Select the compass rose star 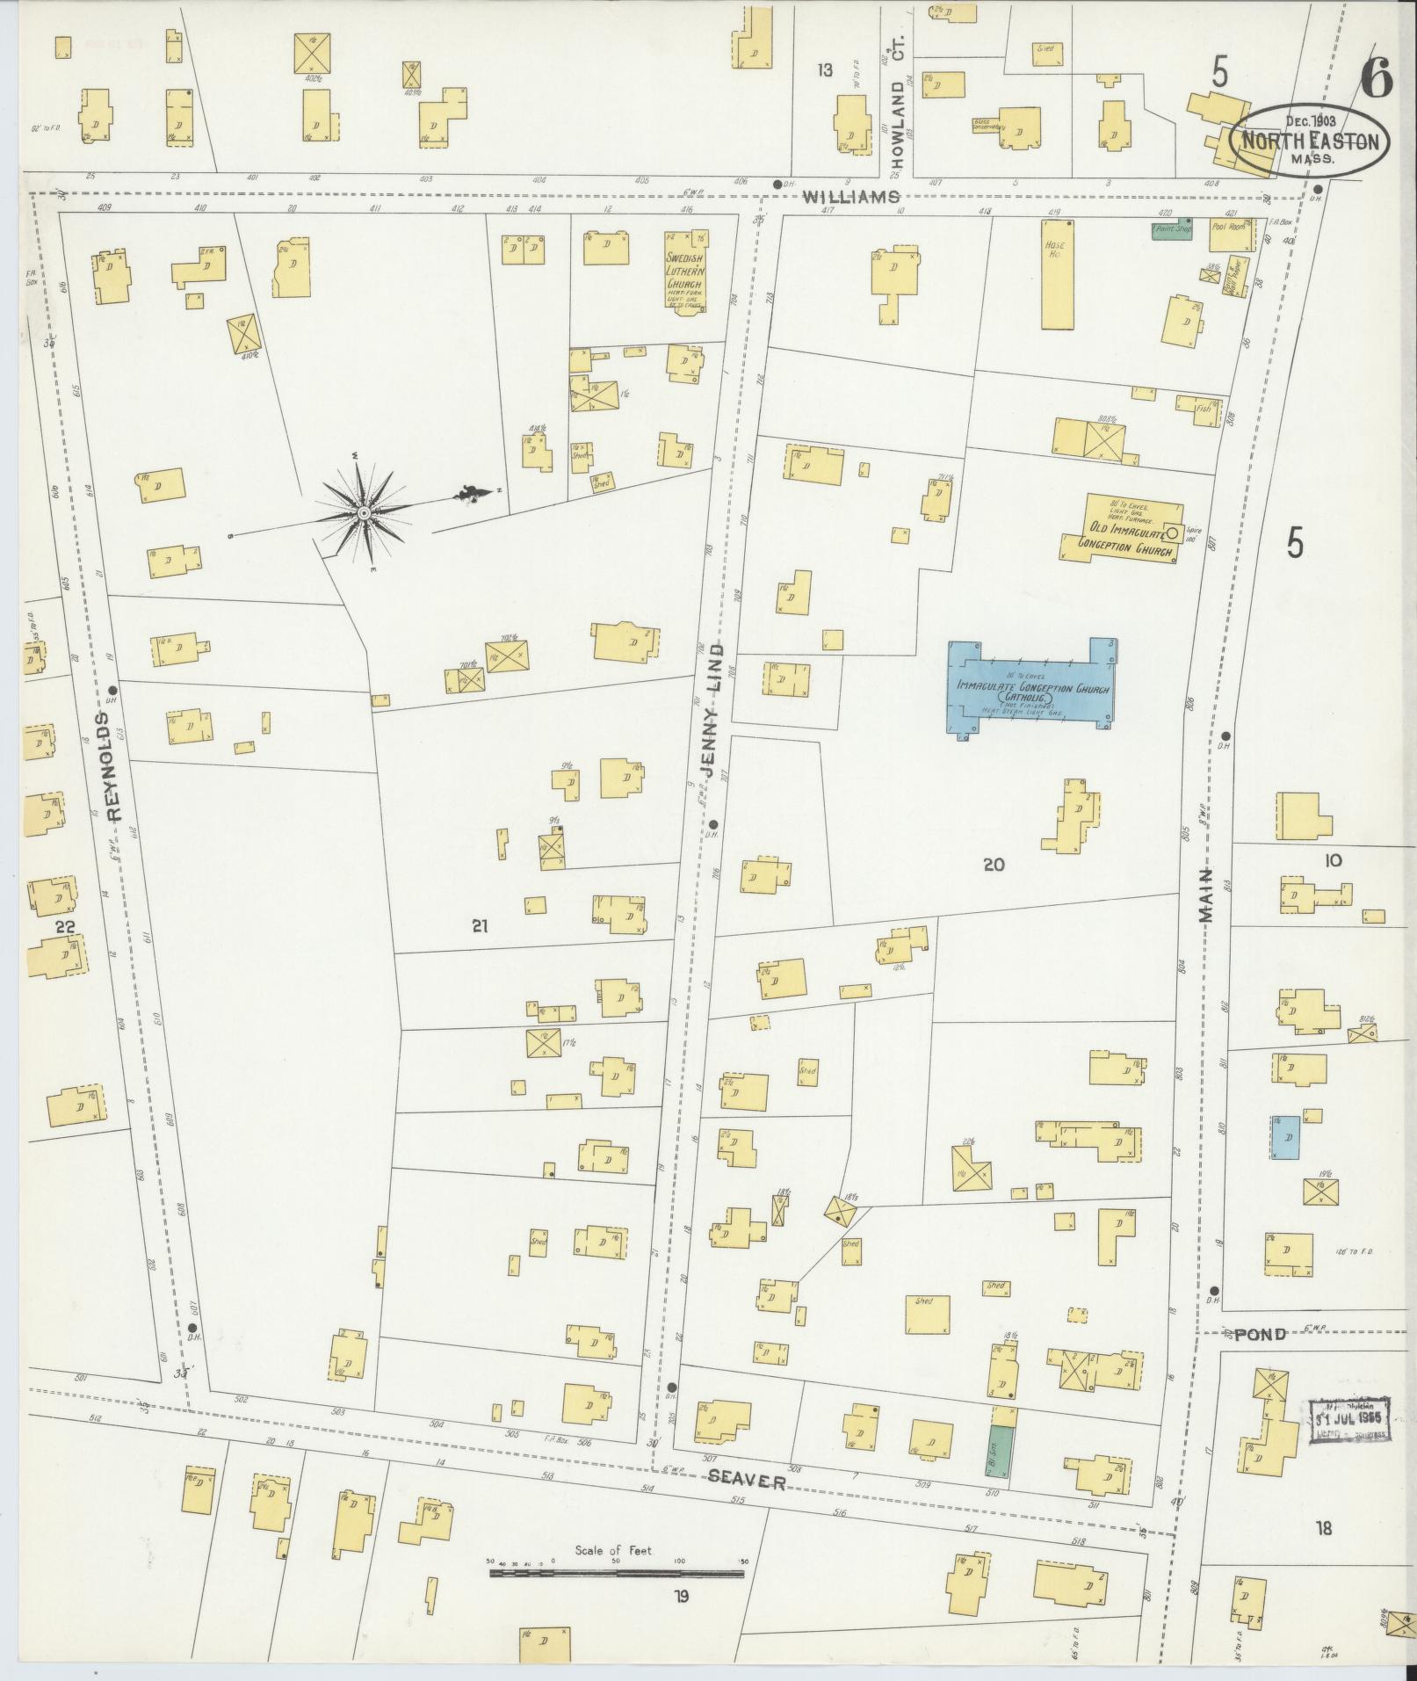pos(363,512)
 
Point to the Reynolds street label pos(117,765)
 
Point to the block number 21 pos(479,925)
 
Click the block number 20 pos(993,865)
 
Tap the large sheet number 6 pos(1376,81)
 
